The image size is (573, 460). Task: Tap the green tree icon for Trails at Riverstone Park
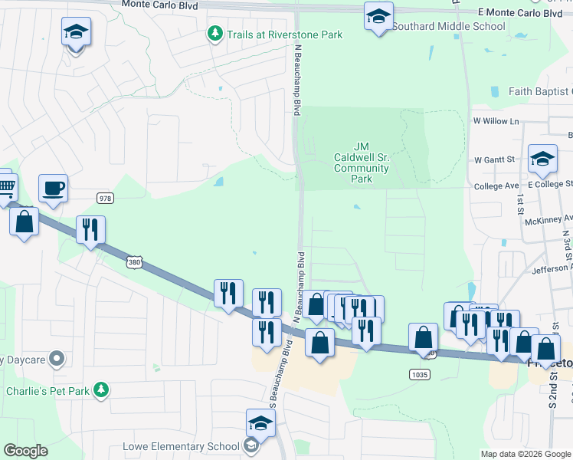pos(215,34)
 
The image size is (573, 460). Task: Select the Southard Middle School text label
pos(449,26)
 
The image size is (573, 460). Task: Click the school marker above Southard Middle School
pos(378,16)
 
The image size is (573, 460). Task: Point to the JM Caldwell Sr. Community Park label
pos(362,163)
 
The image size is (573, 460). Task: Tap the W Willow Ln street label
pos(496,121)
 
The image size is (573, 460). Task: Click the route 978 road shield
pos(106,198)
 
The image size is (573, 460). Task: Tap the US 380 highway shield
pos(135,262)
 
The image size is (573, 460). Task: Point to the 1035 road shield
pos(420,375)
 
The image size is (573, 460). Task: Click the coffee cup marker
pos(53,188)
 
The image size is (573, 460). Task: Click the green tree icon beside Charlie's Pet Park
pos(100,390)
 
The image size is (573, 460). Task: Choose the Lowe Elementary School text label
pos(182,446)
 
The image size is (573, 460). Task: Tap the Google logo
pos(25,451)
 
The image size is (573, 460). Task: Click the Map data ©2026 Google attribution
pos(526,454)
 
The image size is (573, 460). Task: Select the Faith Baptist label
pos(540,92)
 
